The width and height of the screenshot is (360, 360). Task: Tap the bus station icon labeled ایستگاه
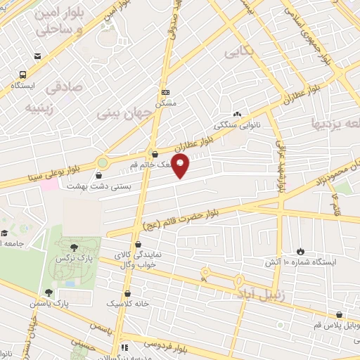[23, 74]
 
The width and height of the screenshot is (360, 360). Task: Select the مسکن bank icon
[165, 93]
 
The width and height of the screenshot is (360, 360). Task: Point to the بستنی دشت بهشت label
[89, 186]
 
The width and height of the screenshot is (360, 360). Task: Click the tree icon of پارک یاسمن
[49, 292]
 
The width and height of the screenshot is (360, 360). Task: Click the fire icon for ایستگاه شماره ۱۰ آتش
[300, 251]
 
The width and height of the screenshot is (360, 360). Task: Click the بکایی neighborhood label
[236, 53]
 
